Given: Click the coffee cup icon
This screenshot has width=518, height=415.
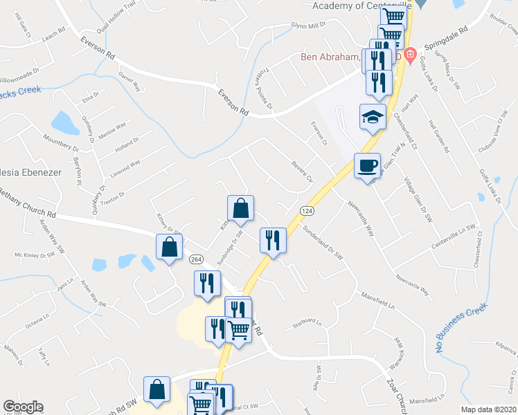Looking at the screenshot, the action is tap(367, 165).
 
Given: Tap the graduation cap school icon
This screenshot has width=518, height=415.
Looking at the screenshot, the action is tap(372, 116).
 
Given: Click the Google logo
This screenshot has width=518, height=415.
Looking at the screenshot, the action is tap(23, 407).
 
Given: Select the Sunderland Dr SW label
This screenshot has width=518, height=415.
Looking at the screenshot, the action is tap(322, 243).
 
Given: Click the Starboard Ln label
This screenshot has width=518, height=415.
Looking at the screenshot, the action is tap(307, 322).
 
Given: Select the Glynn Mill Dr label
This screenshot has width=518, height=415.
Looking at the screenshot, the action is tap(309, 26).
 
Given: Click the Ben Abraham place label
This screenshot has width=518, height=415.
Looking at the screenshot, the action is tap(330, 57).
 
